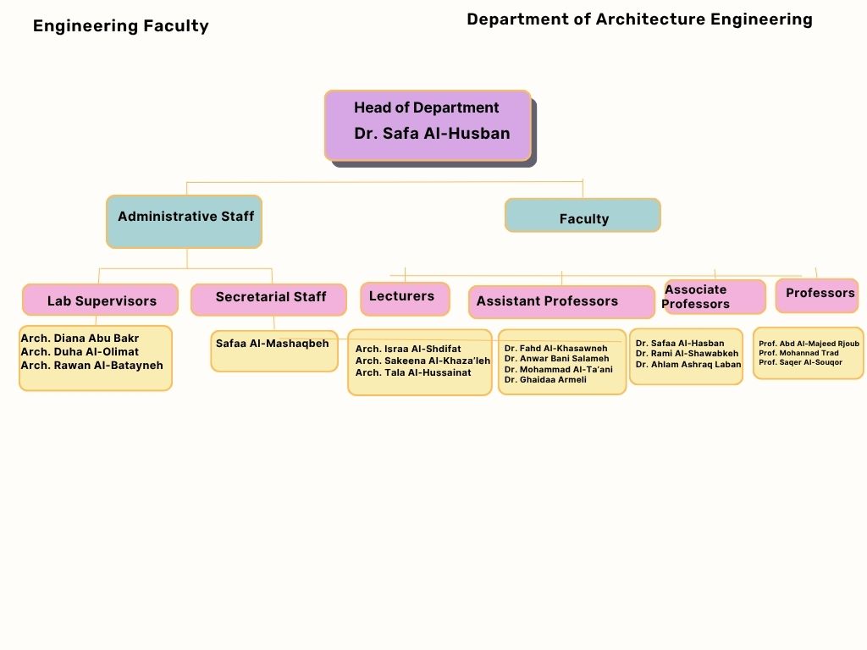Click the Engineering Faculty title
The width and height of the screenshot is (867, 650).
pyautogui.click(x=120, y=26)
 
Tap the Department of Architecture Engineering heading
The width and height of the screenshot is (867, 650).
pyautogui.click(x=639, y=19)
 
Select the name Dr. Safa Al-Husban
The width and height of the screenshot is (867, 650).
pyautogui.click(x=432, y=133)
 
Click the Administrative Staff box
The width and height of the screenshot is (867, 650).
pyautogui.click(x=185, y=221)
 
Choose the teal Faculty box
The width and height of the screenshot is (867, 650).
pyautogui.click(x=583, y=216)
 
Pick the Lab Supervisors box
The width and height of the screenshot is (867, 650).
pyautogui.click(x=101, y=300)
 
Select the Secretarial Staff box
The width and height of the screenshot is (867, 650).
pyautogui.click(x=269, y=299)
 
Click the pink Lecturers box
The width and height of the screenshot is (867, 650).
pyautogui.click(x=404, y=298)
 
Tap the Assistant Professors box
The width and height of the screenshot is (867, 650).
pyautogui.click(x=561, y=301)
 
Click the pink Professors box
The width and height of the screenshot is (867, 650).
pyautogui.click(x=817, y=295)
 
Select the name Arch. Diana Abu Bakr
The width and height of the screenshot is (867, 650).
pyautogui.click(x=80, y=339)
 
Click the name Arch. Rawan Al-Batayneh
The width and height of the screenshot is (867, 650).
pyautogui.click(x=91, y=366)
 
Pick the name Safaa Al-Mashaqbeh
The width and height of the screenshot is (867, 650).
pyautogui.click(x=272, y=344)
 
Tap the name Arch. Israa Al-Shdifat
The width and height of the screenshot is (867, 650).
pyautogui.click(x=408, y=349)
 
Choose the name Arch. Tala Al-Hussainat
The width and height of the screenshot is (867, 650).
pyautogui.click(x=413, y=372)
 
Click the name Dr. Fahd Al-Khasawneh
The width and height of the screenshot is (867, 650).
pyautogui.click(x=555, y=348)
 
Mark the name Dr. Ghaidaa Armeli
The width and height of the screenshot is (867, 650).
pyautogui.click(x=545, y=380)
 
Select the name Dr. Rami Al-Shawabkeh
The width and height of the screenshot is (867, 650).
pyautogui.click(x=687, y=354)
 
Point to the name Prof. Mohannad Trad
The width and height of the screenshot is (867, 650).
pyautogui.click(x=798, y=353)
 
